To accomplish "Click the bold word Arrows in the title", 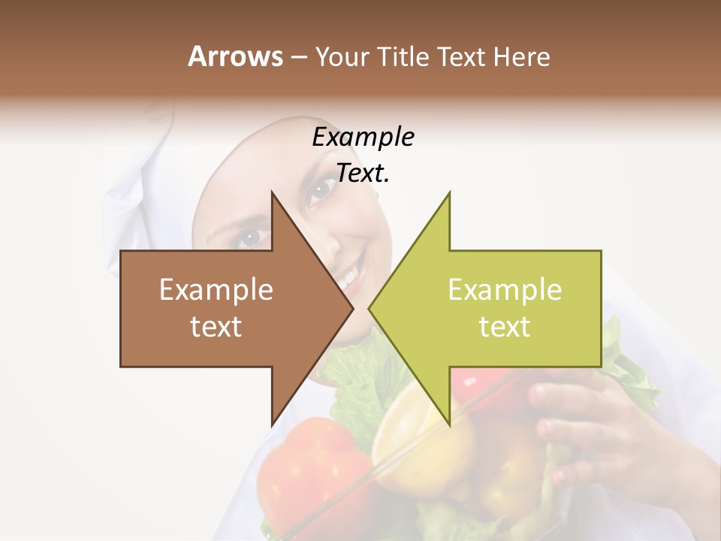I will [x=236, y=56].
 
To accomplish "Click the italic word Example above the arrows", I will [x=363, y=138].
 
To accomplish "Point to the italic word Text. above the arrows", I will [x=363, y=174].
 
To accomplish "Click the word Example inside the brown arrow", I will [x=216, y=290].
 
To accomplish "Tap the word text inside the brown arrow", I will [x=216, y=327].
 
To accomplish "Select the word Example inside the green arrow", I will [x=505, y=290].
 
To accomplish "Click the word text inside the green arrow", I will [x=505, y=327].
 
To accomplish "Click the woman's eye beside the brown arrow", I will [x=251, y=238].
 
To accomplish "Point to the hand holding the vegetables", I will [x=593, y=421].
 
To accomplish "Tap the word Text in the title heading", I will [x=460, y=56].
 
